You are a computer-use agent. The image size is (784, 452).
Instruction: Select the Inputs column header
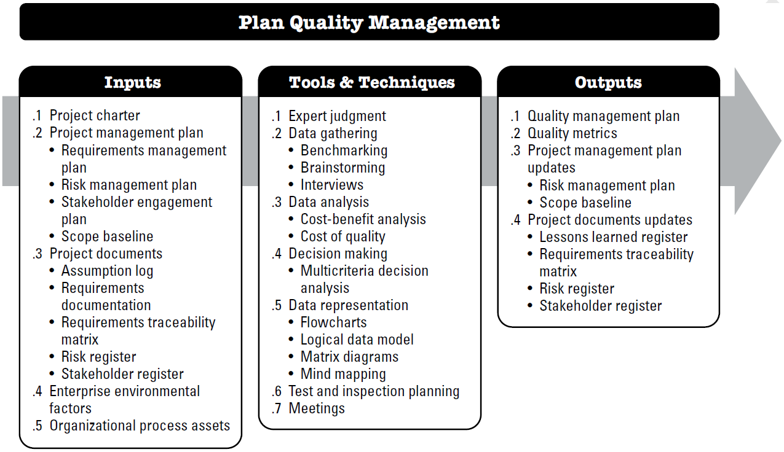click(133, 82)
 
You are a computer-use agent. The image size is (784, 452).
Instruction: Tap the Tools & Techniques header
click(371, 82)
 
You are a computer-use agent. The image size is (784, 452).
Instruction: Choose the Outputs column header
click(608, 82)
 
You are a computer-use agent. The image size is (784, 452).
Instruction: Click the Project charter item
click(95, 115)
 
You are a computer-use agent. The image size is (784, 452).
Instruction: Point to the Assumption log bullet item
click(107, 271)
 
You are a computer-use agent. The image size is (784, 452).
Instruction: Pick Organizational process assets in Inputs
click(140, 426)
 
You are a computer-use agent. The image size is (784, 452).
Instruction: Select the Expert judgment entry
click(337, 116)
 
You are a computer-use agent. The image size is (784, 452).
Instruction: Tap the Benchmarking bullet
click(344, 150)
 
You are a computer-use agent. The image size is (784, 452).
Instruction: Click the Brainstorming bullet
click(343, 168)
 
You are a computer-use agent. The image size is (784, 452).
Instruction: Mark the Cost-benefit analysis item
click(363, 219)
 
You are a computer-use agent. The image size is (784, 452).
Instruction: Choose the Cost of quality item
click(343, 236)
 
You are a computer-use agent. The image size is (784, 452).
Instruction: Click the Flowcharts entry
click(333, 322)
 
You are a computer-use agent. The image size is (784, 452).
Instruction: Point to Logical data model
click(357, 340)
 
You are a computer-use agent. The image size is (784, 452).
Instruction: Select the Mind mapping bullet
click(343, 374)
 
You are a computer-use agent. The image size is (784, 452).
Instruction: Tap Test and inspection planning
click(374, 391)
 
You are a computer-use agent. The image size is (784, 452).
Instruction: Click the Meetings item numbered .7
click(317, 408)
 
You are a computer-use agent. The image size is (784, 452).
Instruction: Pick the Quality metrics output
click(572, 133)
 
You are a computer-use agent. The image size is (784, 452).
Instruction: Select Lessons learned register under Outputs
click(613, 237)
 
